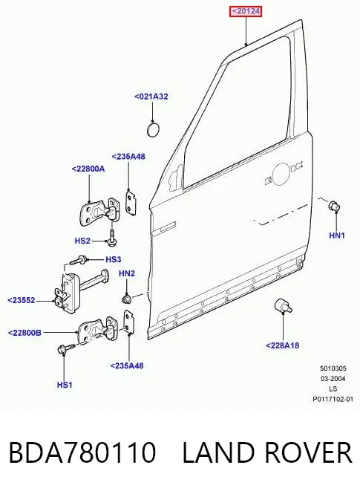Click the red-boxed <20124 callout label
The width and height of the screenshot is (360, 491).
tap(246, 12)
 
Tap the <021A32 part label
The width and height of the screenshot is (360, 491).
tap(151, 97)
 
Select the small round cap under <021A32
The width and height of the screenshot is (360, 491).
tap(153, 130)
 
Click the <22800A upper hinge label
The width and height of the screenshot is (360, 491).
tap(88, 169)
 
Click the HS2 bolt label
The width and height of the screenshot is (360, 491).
tap(82, 241)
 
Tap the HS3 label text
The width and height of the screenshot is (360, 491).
tap(114, 259)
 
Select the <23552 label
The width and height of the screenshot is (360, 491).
tap(22, 300)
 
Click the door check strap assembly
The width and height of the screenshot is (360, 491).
tap(81, 290)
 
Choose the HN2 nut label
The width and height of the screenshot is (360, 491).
tap(127, 273)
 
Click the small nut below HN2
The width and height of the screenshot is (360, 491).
tap(126, 299)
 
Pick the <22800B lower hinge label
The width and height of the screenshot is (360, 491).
tap(24, 333)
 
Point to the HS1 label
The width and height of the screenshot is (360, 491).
tap(65, 385)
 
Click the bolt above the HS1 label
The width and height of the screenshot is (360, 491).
tap(66, 348)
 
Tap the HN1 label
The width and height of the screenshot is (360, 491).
tap(337, 235)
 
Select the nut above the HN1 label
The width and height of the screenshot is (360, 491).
tap(334, 206)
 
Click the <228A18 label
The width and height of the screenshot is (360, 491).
tap(282, 345)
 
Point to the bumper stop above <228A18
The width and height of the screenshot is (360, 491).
tap(283, 306)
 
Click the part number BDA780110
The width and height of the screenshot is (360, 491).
tap(82, 452)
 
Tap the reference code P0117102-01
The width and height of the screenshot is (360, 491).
tap(333, 399)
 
